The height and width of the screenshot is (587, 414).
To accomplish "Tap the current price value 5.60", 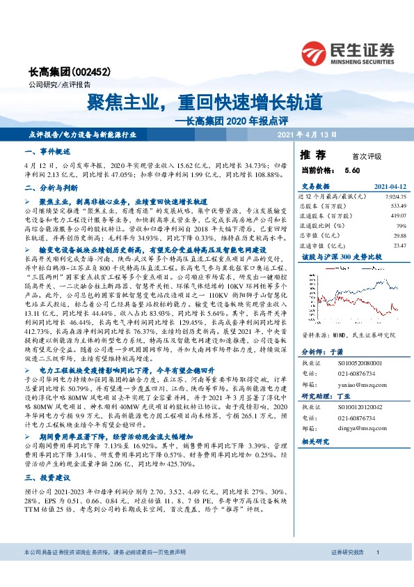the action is click(351, 170).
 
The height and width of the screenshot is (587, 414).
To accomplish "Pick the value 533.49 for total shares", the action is click(396, 206).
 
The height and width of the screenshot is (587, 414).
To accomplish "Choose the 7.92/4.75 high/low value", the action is click(393, 197).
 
